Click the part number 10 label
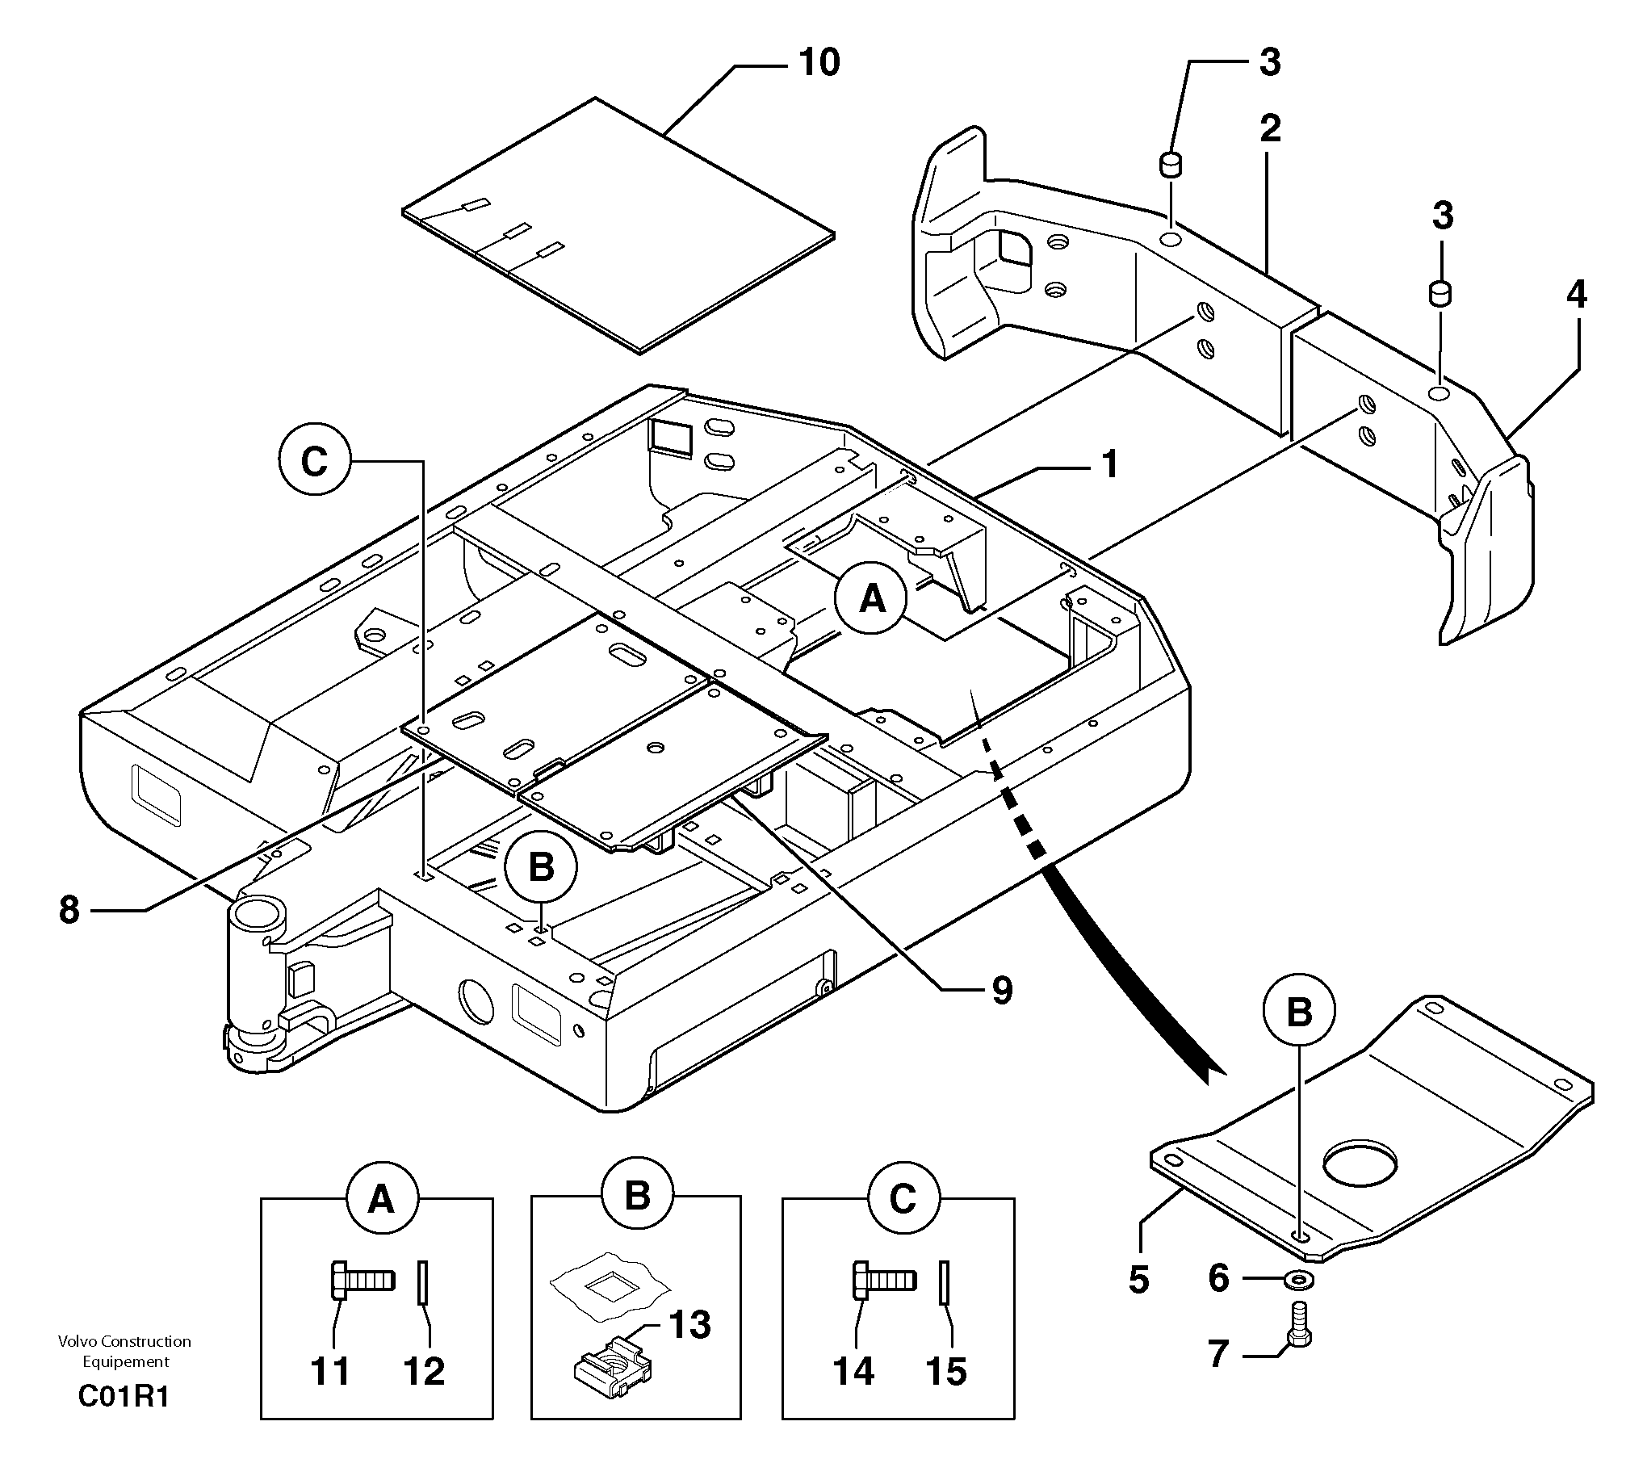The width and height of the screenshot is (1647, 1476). point(819,62)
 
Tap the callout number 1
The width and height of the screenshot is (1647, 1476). point(1109,465)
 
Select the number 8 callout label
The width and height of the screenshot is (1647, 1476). point(69,910)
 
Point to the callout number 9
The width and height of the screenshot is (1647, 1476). point(1003,990)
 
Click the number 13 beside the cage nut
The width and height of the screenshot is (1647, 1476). point(689,1325)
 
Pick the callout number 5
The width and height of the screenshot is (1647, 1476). point(1138,1280)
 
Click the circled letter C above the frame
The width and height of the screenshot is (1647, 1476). point(314,463)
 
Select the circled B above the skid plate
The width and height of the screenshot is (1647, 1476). point(1299,1013)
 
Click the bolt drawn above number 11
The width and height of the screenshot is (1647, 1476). point(363,1281)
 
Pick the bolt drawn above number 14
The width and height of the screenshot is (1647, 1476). point(884,1281)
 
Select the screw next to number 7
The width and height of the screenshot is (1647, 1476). point(1299,1327)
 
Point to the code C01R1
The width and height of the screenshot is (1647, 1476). point(124,1398)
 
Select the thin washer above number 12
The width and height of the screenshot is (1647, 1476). point(422,1282)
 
